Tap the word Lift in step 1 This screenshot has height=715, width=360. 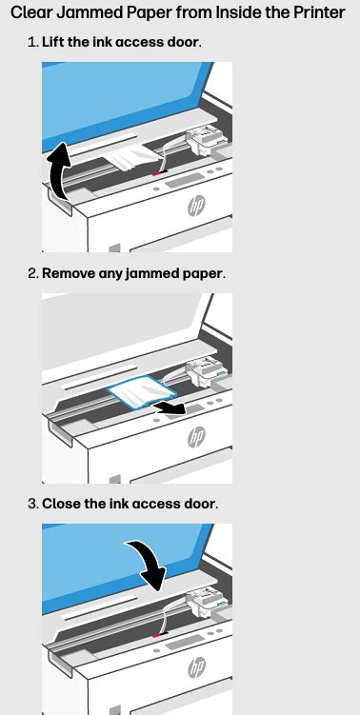[53, 44]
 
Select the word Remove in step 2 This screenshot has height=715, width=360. [67, 273]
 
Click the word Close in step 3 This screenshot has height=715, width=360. [61, 504]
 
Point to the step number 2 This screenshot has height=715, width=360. [32, 273]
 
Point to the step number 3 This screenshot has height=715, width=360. [32, 504]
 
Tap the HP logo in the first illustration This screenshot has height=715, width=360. [196, 206]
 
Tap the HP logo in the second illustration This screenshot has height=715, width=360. [196, 436]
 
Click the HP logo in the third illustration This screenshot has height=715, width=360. [196, 666]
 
